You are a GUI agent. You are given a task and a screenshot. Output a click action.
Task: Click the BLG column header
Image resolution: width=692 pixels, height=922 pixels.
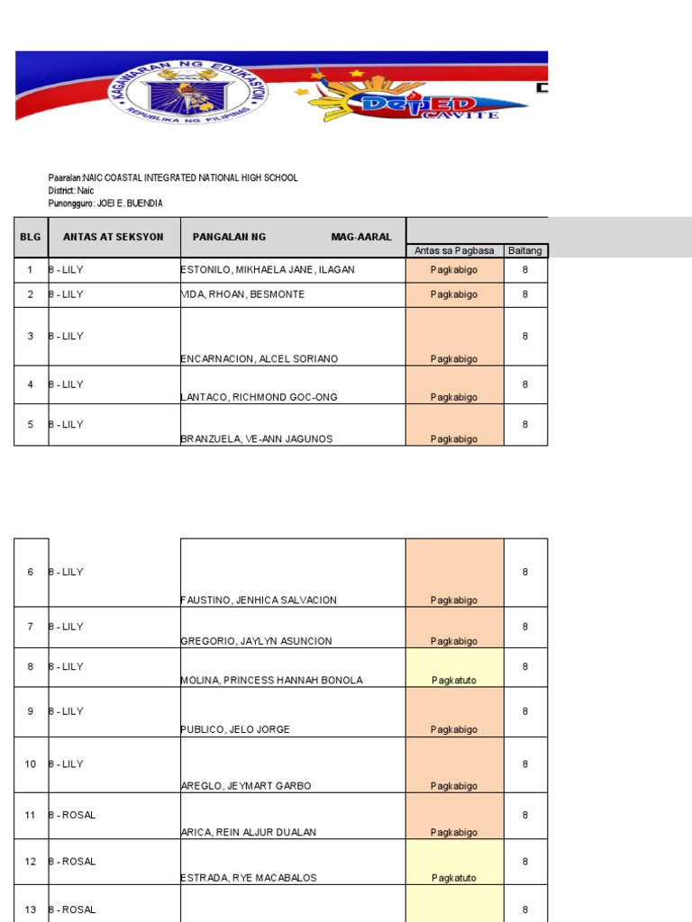coord(31,237)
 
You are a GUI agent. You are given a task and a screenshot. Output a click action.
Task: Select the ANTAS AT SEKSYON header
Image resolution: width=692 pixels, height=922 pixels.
coord(114,237)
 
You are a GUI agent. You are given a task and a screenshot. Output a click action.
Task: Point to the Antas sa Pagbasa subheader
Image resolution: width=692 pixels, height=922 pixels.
coord(454,250)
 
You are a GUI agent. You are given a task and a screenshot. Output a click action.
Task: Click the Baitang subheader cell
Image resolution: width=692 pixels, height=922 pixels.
coord(525,250)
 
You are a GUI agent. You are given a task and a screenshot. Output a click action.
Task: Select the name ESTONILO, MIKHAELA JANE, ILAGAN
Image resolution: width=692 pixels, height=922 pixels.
coord(268,270)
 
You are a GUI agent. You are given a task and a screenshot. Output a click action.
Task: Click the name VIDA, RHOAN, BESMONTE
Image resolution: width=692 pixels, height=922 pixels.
coord(242,294)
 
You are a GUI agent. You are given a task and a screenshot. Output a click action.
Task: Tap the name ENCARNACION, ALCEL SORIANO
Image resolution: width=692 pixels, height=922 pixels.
coord(259,359)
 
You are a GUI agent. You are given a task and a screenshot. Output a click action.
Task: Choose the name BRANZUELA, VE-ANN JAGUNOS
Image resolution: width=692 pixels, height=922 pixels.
coord(257,439)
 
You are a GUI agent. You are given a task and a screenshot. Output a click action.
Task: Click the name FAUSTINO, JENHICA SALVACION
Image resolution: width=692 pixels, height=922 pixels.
coord(259,601)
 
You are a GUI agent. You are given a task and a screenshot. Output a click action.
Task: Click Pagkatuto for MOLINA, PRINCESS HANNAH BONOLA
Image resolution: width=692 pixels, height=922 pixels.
coord(454,681)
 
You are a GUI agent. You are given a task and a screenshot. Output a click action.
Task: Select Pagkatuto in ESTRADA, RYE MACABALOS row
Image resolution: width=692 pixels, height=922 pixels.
coord(454,878)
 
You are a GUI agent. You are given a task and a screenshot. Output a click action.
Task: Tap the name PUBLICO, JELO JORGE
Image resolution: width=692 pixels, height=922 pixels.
coord(236,729)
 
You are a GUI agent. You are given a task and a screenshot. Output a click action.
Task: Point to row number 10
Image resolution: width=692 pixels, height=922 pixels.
coord(31,764)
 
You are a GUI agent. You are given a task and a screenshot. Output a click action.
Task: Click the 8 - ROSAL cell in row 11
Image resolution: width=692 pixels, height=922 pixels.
coord(73,815)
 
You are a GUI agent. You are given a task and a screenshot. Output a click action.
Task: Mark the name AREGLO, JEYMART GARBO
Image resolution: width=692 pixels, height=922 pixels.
coord(246,786)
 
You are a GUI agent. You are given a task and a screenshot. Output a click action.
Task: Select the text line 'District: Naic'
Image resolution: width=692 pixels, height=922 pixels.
coord(71,191)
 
